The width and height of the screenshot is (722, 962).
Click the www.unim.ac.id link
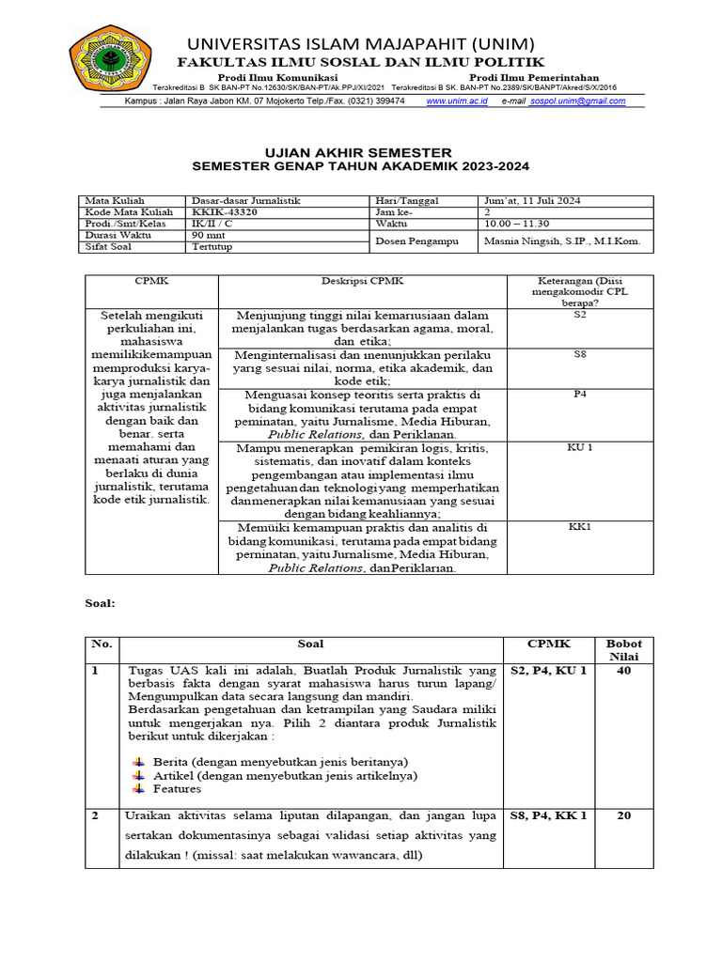tap(457, 101)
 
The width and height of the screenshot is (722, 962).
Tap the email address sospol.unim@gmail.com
tap(576, 101)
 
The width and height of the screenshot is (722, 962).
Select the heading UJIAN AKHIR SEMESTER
tap(360, 152)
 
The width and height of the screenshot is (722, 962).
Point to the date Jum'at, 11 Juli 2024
tap(531, 200)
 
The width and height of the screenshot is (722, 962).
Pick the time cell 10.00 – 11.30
tap(515, 225)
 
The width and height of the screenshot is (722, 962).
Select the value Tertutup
tap(212, 248)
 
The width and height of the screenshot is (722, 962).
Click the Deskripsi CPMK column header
tap(362, 281)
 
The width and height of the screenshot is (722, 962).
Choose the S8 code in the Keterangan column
tap(580, 354)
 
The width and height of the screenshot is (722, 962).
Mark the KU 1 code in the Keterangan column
tap(580, 448)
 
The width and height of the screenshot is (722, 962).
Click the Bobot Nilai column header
tap(623, 649)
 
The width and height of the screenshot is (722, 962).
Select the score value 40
tap(623, 671)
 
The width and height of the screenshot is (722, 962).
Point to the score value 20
tap(623, 815)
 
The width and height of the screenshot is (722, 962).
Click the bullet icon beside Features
tap(140, 789)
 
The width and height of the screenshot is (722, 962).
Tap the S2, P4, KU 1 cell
tap(548, 671)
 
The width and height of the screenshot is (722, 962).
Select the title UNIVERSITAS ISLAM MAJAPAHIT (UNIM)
tap(361, 44)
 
